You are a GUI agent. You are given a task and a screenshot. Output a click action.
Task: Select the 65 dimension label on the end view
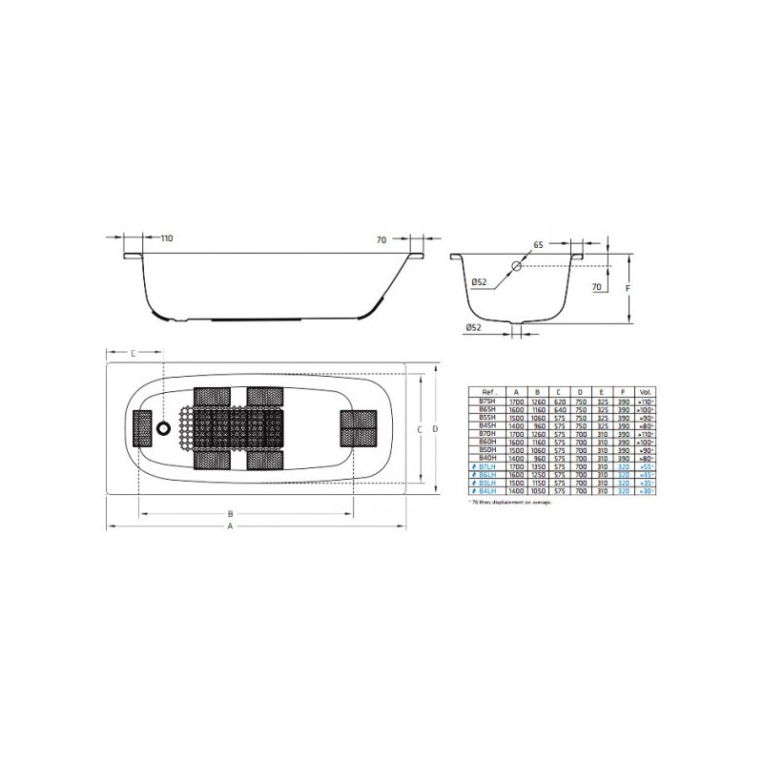[538, 245]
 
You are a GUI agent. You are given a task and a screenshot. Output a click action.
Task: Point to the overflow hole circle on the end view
[516, 267]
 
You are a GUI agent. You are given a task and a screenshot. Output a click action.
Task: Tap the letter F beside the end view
[642, 287]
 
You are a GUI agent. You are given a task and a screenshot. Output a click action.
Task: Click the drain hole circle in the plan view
[172, 429]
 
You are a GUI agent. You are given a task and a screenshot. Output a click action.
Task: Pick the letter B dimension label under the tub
[230, 513]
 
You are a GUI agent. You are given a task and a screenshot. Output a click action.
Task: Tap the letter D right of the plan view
[435, 429]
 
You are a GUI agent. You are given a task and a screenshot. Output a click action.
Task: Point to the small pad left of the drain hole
[142, 429]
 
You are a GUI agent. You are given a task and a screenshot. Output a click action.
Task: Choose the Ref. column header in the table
[487, 391]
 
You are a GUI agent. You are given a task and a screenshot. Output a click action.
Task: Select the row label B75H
[487, 404]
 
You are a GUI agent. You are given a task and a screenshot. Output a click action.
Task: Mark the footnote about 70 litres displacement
[510, 502]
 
